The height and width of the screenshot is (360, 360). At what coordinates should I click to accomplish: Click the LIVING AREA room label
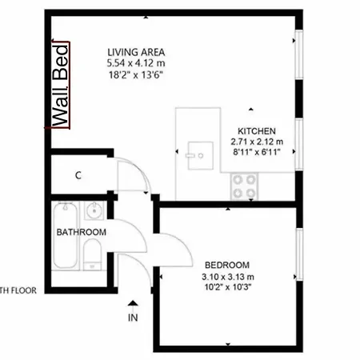pos(136,52)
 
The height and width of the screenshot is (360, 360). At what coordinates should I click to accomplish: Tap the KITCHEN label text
pos(257,131)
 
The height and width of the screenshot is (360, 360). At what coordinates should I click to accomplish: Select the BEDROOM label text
pos(227,265)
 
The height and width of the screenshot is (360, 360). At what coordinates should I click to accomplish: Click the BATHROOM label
pos(82,232)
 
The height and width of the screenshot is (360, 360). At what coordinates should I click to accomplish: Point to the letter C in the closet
pos(78,175)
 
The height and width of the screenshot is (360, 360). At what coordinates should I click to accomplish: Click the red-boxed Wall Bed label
pos(61,86)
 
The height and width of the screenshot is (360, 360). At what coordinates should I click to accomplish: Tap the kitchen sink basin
pos(200,156)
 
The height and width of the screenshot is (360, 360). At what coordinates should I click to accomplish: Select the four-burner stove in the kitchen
pos(244,186)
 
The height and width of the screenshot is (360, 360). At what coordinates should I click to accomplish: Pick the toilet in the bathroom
pos(92,254)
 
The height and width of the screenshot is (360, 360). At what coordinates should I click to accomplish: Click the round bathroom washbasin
pos(94,210)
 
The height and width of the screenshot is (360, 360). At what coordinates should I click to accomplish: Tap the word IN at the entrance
pos(133,318)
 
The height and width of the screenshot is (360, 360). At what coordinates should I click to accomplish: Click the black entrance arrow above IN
pos(133,303)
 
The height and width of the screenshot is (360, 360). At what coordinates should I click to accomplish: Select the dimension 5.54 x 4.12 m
pos(136,63)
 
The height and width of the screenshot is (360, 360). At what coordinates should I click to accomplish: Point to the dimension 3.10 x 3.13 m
pos(228,277)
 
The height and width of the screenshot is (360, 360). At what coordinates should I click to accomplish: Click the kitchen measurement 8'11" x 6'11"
pos(257,152)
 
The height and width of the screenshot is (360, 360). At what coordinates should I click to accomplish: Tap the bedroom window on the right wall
pos(299,254)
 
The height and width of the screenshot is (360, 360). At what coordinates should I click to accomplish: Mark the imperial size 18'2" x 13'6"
pos(136,75)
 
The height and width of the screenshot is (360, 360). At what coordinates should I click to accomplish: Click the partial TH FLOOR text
pos(18,290)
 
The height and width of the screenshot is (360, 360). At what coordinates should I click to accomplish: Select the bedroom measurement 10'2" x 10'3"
pos(228,287)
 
